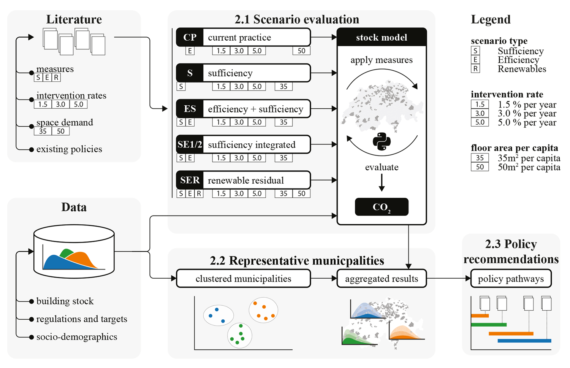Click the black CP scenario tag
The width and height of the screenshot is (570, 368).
point(190,37)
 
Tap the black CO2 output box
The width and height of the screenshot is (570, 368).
point(382,207)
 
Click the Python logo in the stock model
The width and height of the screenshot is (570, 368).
point(382,141)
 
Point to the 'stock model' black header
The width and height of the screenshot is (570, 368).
point(382,37)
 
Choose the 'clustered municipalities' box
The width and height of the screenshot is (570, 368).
point(244,278)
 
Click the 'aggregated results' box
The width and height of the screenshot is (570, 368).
point(382,278)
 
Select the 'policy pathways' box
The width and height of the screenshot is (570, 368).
point(511,278)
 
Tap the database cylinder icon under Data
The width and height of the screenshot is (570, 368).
point(74,251)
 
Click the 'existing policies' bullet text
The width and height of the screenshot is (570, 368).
point(69,149)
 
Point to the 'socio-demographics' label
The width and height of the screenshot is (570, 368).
point(77,337)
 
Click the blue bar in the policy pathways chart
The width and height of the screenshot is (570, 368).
point(524,341)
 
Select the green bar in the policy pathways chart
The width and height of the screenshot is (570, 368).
point(489,325)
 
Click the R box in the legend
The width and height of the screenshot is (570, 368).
point(475,69)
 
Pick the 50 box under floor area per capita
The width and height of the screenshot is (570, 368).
point(480,167)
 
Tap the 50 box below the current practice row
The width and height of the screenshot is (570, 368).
point(302,51)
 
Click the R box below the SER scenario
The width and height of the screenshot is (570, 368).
point(199,194)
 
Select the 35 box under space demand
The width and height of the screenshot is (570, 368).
point(43,131)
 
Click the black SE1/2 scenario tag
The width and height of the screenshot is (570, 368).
point(190,144)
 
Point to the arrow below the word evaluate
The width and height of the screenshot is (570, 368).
point(382,182)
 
